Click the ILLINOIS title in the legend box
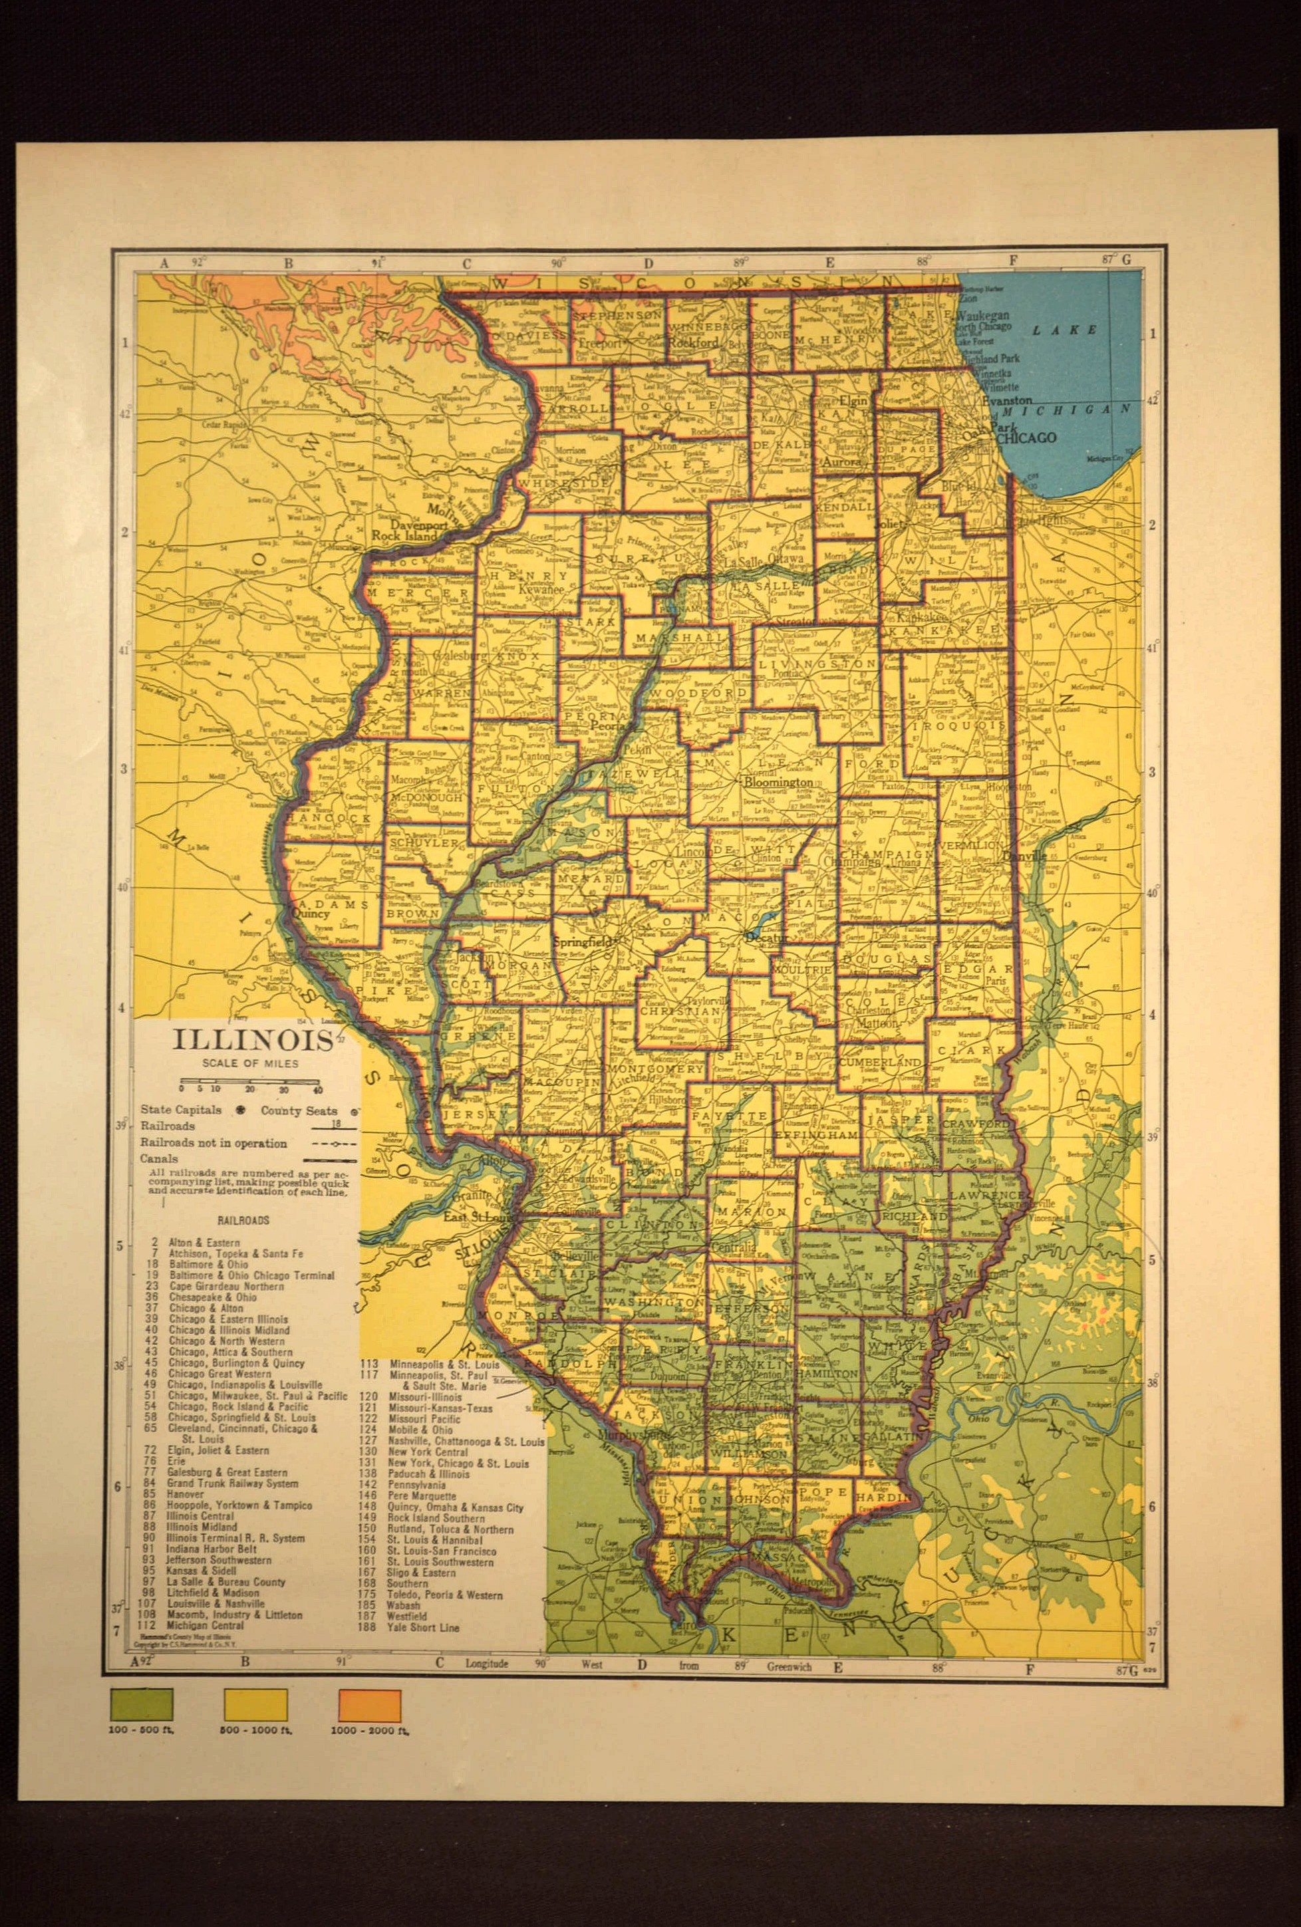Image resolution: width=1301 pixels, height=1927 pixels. click(252, 1040)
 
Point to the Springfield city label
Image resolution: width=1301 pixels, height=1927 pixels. click(583, 943)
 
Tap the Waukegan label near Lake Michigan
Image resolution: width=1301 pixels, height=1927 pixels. click(982, 316)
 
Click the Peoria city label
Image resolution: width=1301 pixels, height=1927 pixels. click(606, 723)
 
